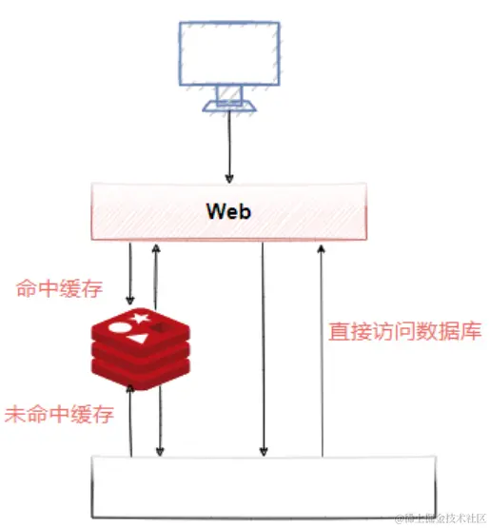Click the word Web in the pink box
point(228,211)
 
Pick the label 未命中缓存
point(59,414)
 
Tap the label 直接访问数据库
point(404,332)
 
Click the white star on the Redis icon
point(142,317)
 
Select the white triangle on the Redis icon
point(141,338)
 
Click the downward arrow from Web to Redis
point(130,271)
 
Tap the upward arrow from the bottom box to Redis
point(130,423)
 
